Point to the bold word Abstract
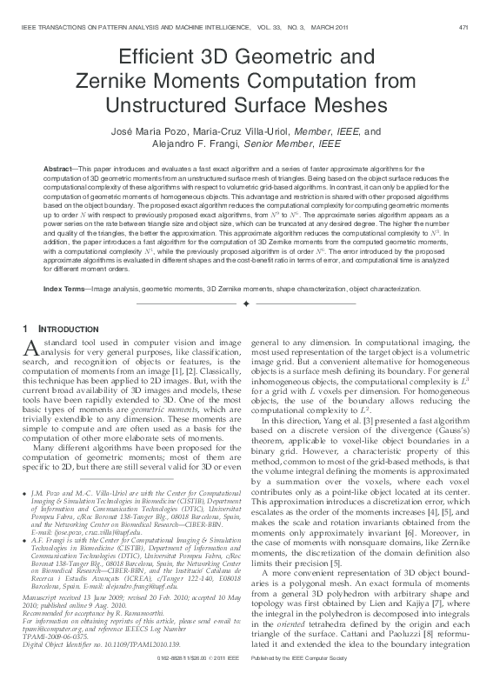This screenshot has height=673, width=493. pos(57,166)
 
